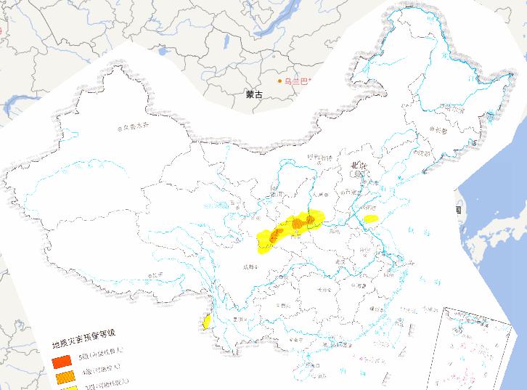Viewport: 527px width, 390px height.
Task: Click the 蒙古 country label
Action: tap(254, 94)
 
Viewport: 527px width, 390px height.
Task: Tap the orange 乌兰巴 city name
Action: tap(297, 81)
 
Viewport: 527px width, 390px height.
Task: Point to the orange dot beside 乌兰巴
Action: tap(279, 81)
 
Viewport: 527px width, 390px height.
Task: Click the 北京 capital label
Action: tap(359, 166)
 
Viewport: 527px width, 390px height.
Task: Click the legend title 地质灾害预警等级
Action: tap(83, 345)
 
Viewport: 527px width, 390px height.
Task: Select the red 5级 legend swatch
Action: tap(61, 360)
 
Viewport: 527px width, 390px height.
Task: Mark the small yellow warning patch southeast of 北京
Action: tap(371, 218)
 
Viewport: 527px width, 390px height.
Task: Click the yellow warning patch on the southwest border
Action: tap(207, 321)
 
